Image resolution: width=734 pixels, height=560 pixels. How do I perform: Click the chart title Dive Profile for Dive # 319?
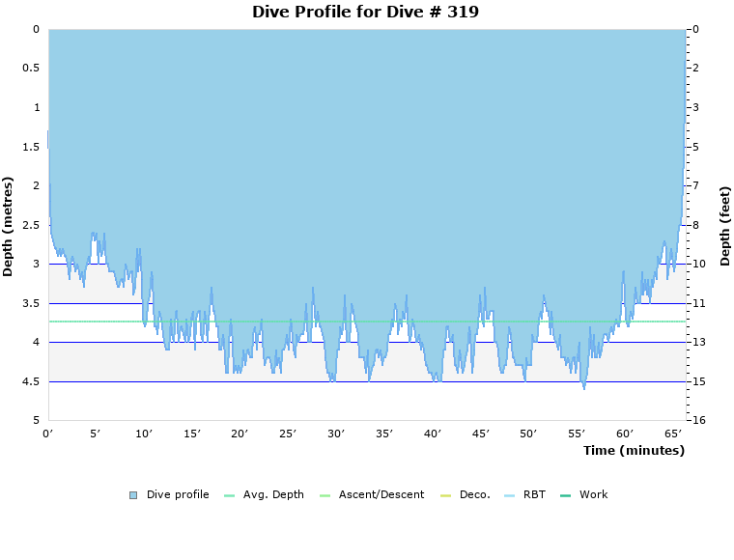pos(365,12)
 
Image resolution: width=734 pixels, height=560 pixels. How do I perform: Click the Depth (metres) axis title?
pos(9,226)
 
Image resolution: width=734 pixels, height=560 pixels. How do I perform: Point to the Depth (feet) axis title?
pos(724,226)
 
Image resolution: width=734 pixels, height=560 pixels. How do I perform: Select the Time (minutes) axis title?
pos(634,450)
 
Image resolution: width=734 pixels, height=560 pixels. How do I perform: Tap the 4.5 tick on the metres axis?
pos(31,381)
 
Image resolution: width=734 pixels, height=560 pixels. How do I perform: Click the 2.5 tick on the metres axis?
pos(31,225)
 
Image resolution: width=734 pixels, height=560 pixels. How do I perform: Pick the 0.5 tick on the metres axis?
pos(31,69)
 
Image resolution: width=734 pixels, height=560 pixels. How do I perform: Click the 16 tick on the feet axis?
pos(698,420)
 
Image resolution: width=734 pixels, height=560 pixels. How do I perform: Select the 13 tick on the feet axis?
pos(698,342)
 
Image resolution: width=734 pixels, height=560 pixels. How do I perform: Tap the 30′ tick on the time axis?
pos(336,434)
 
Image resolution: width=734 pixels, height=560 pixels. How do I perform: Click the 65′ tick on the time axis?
pos(673,434)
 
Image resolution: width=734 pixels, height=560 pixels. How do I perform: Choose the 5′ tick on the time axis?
pos(96,434)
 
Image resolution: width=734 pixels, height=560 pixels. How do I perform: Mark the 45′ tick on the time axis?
pos(480,434)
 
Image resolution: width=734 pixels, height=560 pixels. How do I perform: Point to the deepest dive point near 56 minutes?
pos(584,388)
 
